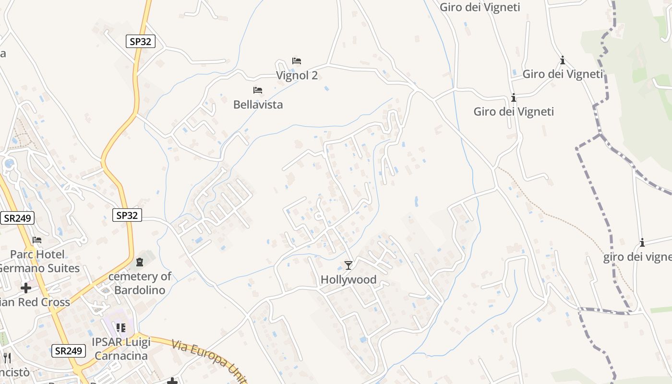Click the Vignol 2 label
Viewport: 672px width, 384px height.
point(297,75)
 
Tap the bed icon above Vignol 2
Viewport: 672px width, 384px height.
point(297,61)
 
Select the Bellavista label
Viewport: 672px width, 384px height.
point(258,104)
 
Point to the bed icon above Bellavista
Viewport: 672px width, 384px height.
point(258,90)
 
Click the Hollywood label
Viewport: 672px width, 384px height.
point(348,279)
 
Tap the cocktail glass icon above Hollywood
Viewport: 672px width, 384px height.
point(348,265)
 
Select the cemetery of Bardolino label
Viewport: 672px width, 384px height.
point(140,283)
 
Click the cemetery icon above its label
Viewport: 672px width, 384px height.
point(140,262)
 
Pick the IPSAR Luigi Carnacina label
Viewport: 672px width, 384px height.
point(121,349)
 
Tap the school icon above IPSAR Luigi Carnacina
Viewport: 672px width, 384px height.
point(121,328)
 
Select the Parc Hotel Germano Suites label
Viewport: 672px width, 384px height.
point(38,261)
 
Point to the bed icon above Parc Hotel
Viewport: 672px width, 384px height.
point(37,240)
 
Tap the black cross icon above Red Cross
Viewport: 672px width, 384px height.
point(26,288)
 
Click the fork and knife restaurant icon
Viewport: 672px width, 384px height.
point(7,358)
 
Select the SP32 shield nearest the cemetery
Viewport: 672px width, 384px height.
point(127,215)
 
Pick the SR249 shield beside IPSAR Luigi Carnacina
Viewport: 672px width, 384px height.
point(68,351)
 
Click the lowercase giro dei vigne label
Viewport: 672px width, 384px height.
point(637,257)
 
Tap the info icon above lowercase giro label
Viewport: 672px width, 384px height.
point(642,243)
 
